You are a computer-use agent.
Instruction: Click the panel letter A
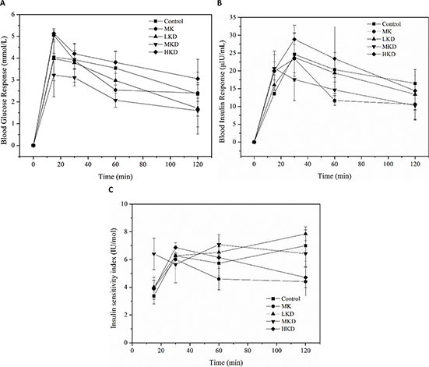[4, 5]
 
